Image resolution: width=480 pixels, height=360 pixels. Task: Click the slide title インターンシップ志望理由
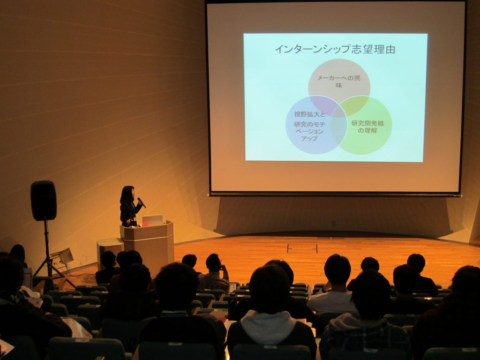click(x=335, y=49)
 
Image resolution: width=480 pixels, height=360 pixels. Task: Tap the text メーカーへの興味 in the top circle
click(x=338, y=82)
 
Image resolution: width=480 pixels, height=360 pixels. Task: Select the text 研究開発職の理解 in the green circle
click(x=367, y=127)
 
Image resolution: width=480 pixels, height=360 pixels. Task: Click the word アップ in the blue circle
click(x=309, y=139)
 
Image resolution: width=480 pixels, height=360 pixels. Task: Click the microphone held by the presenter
click(x=142, y=202)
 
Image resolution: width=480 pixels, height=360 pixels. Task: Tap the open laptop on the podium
click(x=152, y=220)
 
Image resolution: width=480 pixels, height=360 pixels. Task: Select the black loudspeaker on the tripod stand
click(x=44, y=201)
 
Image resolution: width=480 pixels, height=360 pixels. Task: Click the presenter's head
click(x=127, y=194)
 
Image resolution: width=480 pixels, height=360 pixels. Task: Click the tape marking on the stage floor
click(x=302, y=248)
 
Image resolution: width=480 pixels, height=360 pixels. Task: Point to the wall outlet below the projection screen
click(x=333, y=223)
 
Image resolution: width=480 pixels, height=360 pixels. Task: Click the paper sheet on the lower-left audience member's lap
click(x=76, y=328)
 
